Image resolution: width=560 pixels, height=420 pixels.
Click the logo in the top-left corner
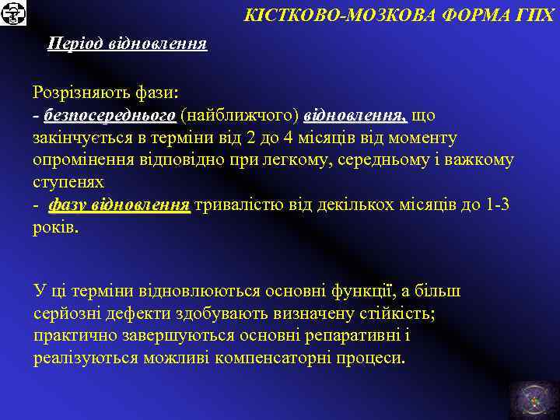(13, 13)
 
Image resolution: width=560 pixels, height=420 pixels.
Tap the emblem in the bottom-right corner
(533, 396)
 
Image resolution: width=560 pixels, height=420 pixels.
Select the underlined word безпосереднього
(110, 115)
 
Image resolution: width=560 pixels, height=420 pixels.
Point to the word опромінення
(80, 160)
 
